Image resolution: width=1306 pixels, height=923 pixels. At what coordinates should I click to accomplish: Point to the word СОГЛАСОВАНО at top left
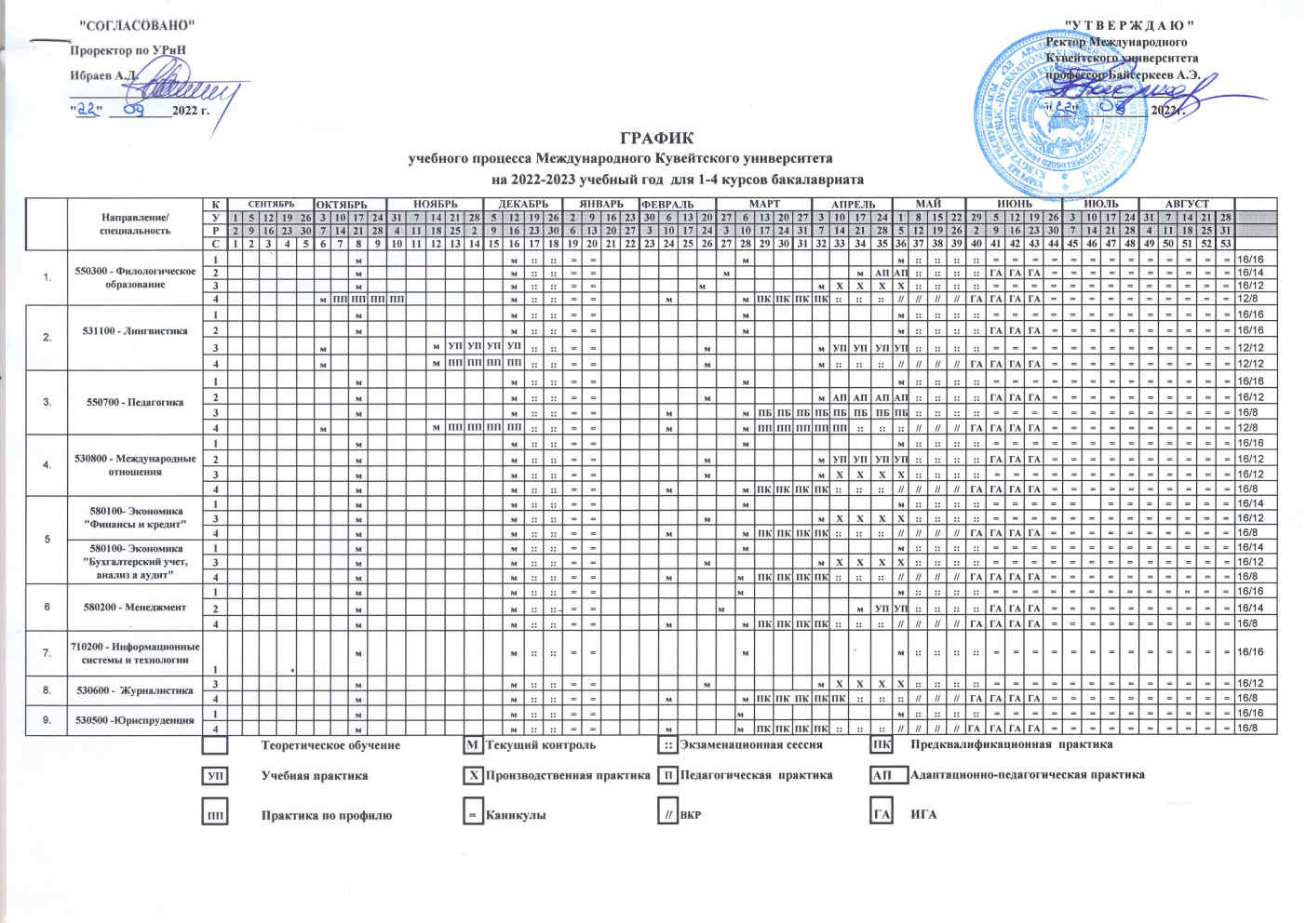[x=135, y=22]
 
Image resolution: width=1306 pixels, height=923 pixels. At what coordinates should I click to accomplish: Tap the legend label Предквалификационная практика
[x=1011, y=745]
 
